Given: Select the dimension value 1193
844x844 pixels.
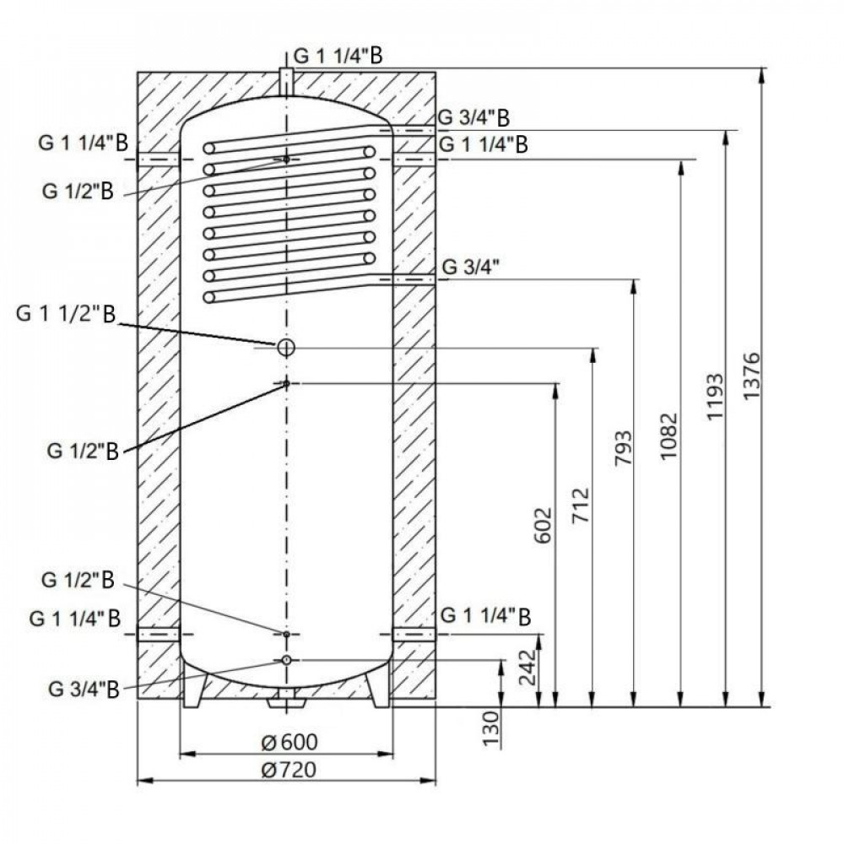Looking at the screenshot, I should pos(714,396).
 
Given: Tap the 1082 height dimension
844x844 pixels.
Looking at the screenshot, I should pos(669,435).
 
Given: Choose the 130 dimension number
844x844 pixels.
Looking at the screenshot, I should pos(495,728).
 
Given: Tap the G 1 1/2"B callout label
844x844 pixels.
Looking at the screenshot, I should pos(66,315).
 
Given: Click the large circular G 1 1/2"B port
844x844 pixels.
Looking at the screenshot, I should pos(286,347).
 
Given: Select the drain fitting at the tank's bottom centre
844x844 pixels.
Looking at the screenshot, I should pos(286,700).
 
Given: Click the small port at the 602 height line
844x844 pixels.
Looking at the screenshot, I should pos(286,384).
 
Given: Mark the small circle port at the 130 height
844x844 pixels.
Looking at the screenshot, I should pos(286,659).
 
